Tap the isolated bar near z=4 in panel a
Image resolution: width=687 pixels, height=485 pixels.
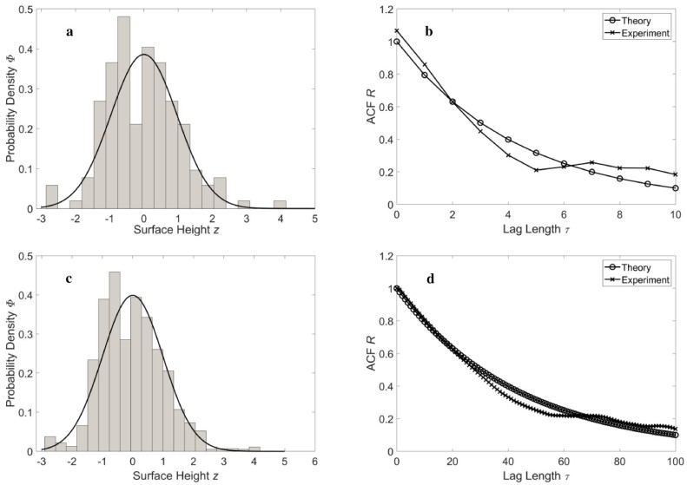280,205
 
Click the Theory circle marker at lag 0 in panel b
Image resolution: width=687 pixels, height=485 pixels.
397,42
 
